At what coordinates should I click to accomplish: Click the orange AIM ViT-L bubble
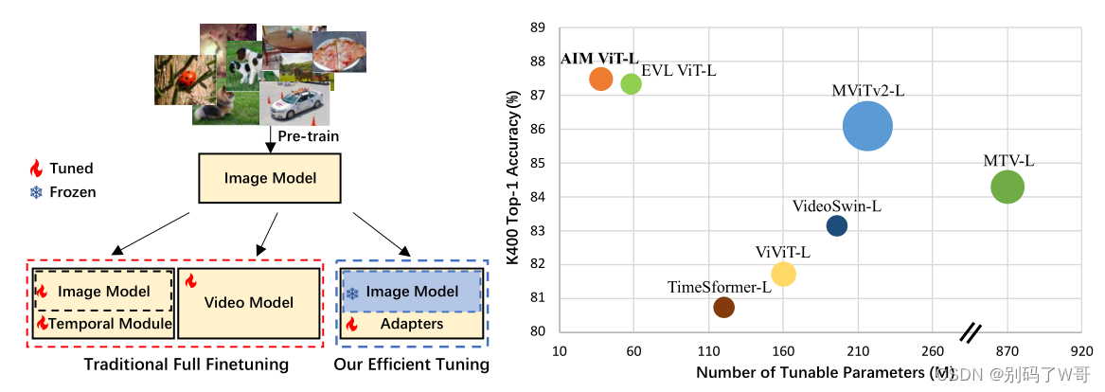601,79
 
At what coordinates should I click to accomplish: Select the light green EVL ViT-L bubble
631,83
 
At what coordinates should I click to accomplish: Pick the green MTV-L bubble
1007,187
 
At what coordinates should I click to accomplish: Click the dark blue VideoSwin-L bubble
837,225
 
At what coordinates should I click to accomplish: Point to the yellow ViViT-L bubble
783,274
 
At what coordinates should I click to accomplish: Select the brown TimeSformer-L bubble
723,307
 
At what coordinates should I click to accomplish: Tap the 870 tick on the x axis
1007,349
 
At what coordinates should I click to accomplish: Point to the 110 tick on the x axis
708,349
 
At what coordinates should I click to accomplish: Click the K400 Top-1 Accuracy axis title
515,179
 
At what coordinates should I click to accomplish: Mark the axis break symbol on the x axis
970,332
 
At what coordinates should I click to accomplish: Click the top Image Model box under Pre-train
270,177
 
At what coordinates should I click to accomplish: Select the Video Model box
249,302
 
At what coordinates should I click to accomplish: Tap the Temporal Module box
104,324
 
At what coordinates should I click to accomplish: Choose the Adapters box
411,324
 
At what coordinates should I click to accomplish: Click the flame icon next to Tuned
36,169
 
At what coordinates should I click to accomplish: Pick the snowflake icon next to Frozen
36,192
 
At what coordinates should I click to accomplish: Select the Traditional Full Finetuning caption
186,365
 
